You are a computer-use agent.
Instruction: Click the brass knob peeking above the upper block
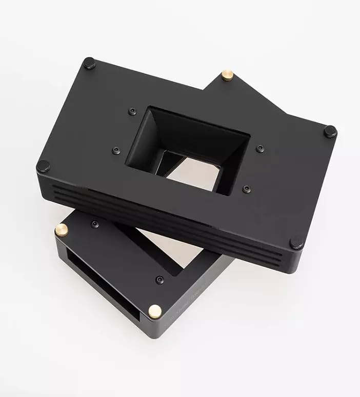(x=227, y=75)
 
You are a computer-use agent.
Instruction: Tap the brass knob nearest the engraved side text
(x=154, y=310)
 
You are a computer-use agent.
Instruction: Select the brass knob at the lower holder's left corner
(x=62, y=230)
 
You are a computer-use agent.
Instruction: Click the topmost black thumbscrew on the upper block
(x=89, y=63)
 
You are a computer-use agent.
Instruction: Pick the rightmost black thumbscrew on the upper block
(x=330, y=131)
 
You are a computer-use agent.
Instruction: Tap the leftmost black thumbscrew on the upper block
(x=43, y=166)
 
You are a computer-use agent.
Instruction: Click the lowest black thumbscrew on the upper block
(x=296, y=242)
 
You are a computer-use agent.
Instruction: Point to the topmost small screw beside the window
(x=133, y=111)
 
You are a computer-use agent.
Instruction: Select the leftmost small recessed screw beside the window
(x=116, y=151)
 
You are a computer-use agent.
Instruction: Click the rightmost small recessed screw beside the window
(x=261, y=149)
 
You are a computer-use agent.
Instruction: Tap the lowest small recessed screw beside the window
(x=247, y=189)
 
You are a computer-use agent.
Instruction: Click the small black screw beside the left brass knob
(x=95, y=224)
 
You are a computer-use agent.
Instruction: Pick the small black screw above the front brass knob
(x=160, y=280)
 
